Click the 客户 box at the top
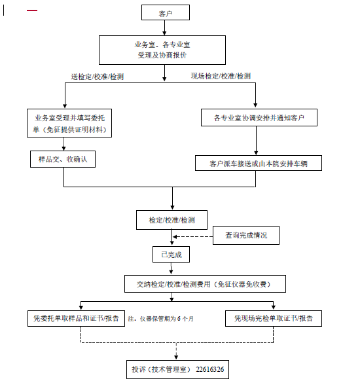point(166,12)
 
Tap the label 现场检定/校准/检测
point(221,76)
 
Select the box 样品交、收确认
point(63,158)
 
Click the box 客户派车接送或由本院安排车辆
point(259,162)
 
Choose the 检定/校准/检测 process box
point(172,219)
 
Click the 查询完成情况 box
point(246,234)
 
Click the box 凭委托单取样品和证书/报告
point(76,319)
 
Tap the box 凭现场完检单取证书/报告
point(274,319)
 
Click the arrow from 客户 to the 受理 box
point(166,27)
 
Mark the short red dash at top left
point(32,10)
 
